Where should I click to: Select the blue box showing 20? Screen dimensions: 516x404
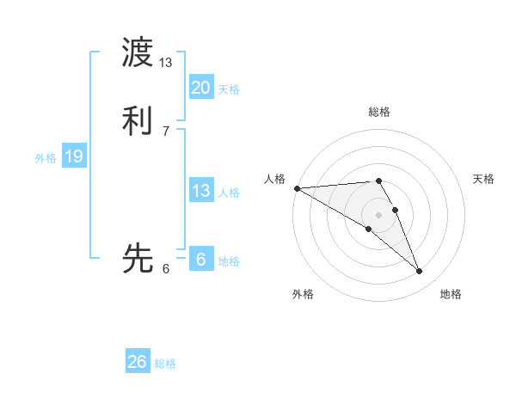point(200,88)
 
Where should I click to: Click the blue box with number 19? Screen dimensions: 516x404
point(74,156)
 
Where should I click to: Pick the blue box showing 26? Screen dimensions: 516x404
point(138,362)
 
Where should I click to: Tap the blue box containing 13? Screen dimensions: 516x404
point(200,191)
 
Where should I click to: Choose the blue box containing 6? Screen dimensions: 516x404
point(200,260)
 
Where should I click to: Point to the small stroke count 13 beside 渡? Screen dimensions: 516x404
point(166,63)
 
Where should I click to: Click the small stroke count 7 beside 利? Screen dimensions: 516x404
point(166,131)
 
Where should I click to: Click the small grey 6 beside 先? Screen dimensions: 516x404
point(166,268)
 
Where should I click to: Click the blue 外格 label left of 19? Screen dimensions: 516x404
point(46,158)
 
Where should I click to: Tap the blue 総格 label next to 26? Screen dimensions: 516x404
point(165,364)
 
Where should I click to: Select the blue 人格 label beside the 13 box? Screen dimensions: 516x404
point(229,193)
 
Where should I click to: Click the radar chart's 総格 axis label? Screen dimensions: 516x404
point(379,112)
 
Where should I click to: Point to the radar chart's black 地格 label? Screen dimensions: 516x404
point(451,294)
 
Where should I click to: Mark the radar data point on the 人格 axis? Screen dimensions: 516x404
point(297,188)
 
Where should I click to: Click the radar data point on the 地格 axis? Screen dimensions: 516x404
point(419,271)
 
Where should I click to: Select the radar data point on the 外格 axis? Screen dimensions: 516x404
point(369,229)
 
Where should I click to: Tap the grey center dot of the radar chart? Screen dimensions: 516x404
point(379,214)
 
